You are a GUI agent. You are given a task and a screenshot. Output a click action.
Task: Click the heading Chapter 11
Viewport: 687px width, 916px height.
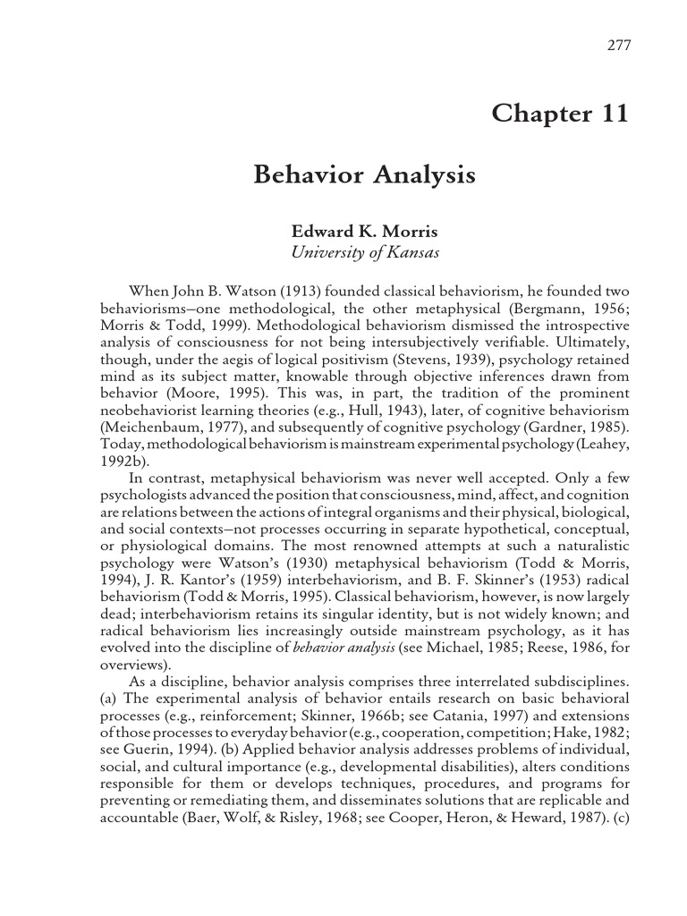(560, 114)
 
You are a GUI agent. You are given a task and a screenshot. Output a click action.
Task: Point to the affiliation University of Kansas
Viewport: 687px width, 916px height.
(365, 252)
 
